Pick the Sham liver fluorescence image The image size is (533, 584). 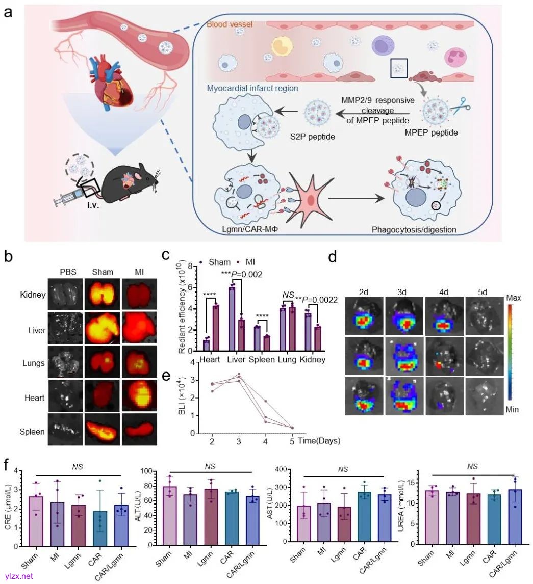point(102,329)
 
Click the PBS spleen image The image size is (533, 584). point(64,431)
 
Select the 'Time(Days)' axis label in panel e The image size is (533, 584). point(320,440)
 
